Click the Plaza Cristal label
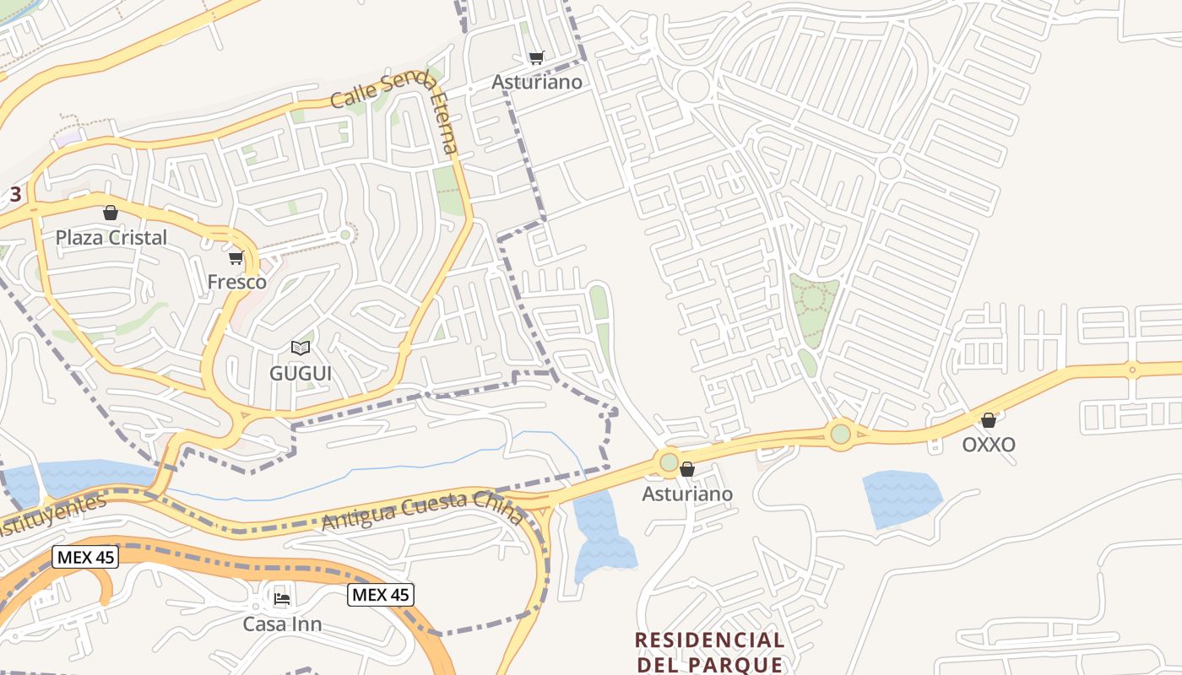(111, 238)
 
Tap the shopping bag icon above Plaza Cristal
(110, 213)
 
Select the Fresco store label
(236, 282)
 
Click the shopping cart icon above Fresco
(236, 257)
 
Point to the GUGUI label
(300, 373)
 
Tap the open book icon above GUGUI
(300, 348)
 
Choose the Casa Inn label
(282, 624)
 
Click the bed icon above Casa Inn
(282, 599)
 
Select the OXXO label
(989, 445)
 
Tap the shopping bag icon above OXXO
(989, 420)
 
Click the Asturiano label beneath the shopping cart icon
(537, 82)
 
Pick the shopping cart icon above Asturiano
(536, 57)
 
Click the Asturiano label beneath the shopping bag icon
(687, 494)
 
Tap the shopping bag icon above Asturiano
(687, 469)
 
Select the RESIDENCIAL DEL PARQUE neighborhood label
(709, 652)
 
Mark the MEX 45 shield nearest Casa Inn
(380, 595)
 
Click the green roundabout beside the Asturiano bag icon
(669, 462)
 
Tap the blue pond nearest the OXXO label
(902, 498)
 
